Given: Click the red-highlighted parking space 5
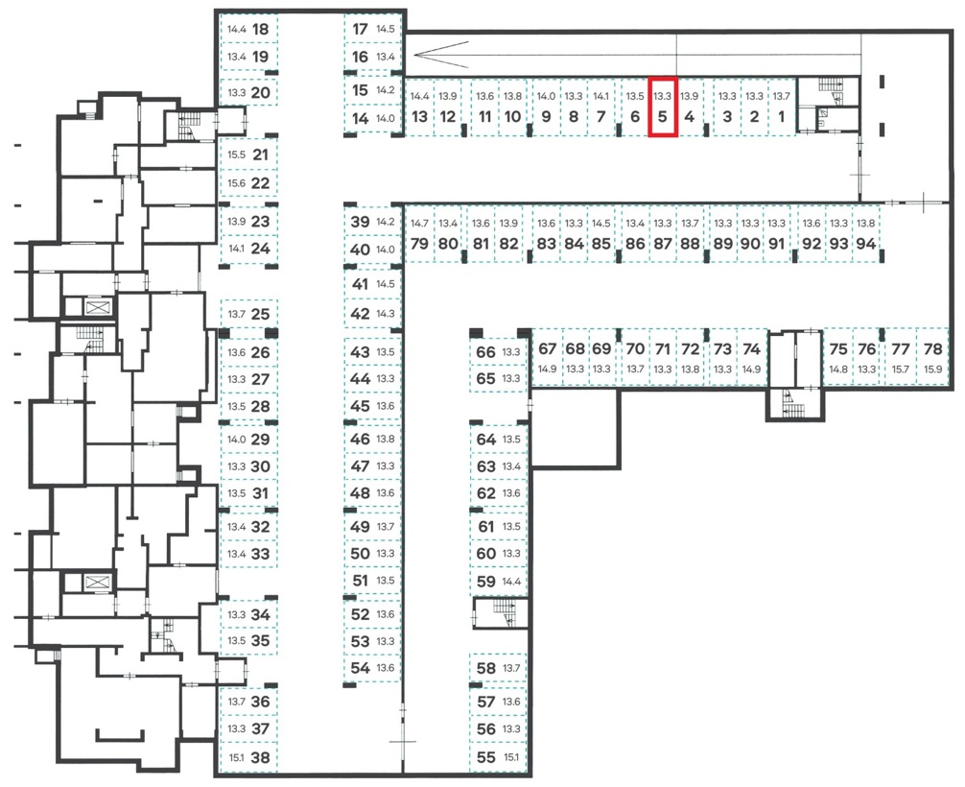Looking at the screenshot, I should click(662, 107).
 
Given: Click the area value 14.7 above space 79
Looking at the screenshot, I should click(419, 224).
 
